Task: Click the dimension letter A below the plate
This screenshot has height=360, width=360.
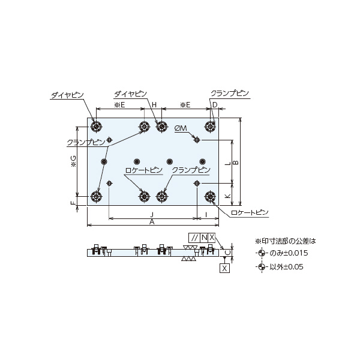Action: tap(152, 222)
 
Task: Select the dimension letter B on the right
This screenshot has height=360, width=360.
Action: tap(236, 163)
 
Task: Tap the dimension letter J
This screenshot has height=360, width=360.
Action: tap(152, 215)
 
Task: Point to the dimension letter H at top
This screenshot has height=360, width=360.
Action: tap(154, 105)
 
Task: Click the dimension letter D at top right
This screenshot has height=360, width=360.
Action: tap(215, 105)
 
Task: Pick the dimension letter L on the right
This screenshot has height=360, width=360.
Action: tap(227, 163)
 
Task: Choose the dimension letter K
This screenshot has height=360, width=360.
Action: tap(227, 196)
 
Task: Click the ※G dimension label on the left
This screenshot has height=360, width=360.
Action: tap(73, 161)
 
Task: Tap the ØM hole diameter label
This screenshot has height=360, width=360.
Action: tap(181, 128)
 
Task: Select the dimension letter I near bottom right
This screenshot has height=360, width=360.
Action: tap(206, 215)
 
